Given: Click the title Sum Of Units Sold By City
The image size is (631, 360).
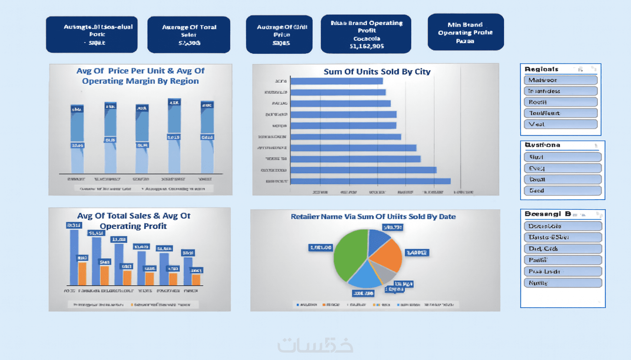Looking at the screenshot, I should click(377, 72).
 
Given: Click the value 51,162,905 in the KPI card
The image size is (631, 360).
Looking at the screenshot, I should click(366, 46).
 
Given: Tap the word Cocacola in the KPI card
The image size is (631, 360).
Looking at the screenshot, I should click(366, 39).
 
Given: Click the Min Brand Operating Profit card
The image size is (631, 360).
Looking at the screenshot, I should click(465, 32).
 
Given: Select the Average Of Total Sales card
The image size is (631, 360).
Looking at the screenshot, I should click(189, 35).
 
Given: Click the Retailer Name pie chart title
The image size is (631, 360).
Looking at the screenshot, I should click(373, 217).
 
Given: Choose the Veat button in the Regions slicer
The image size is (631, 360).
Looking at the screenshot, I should click(560, 124).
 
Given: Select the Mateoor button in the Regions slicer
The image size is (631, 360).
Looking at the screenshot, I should click(560, 80).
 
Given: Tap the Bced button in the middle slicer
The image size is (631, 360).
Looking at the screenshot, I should click(562, 190).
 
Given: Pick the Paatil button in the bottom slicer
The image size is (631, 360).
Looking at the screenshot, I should click(563, 260).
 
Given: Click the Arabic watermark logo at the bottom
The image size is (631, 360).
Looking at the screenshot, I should click(315, 345).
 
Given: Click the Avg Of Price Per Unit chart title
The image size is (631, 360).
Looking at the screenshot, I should click(140, 76).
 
